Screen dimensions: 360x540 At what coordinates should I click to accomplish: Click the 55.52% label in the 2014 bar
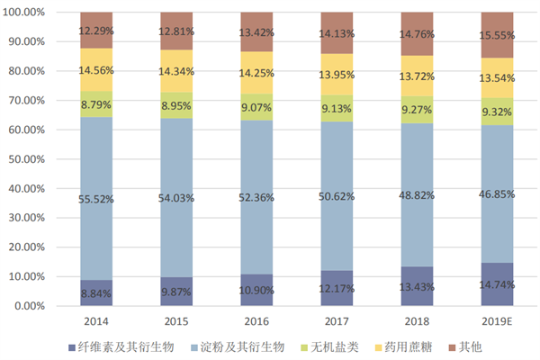[x=96, y=199]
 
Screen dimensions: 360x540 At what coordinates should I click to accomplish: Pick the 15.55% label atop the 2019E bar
[x=497, y=34]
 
